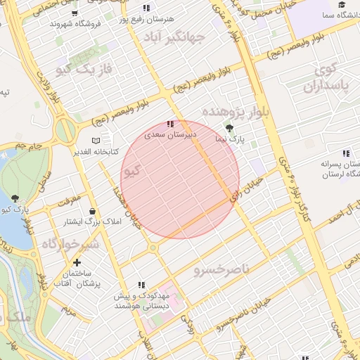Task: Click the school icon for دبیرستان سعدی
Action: tap(169, 124)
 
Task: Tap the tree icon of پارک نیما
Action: tap(230, 127)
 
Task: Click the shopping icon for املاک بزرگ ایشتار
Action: tap(92, 210)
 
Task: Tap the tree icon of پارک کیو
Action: tap(15, 198)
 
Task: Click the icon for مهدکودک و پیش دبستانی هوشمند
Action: tap(141, 285)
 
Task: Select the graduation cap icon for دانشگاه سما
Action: tap(342, 5)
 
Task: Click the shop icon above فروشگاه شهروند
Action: tap(75, 13)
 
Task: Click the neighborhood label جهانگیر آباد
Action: tap(174, 36)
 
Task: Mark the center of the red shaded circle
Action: tap(180, 179)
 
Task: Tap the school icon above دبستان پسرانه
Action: tap(345, 153)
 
